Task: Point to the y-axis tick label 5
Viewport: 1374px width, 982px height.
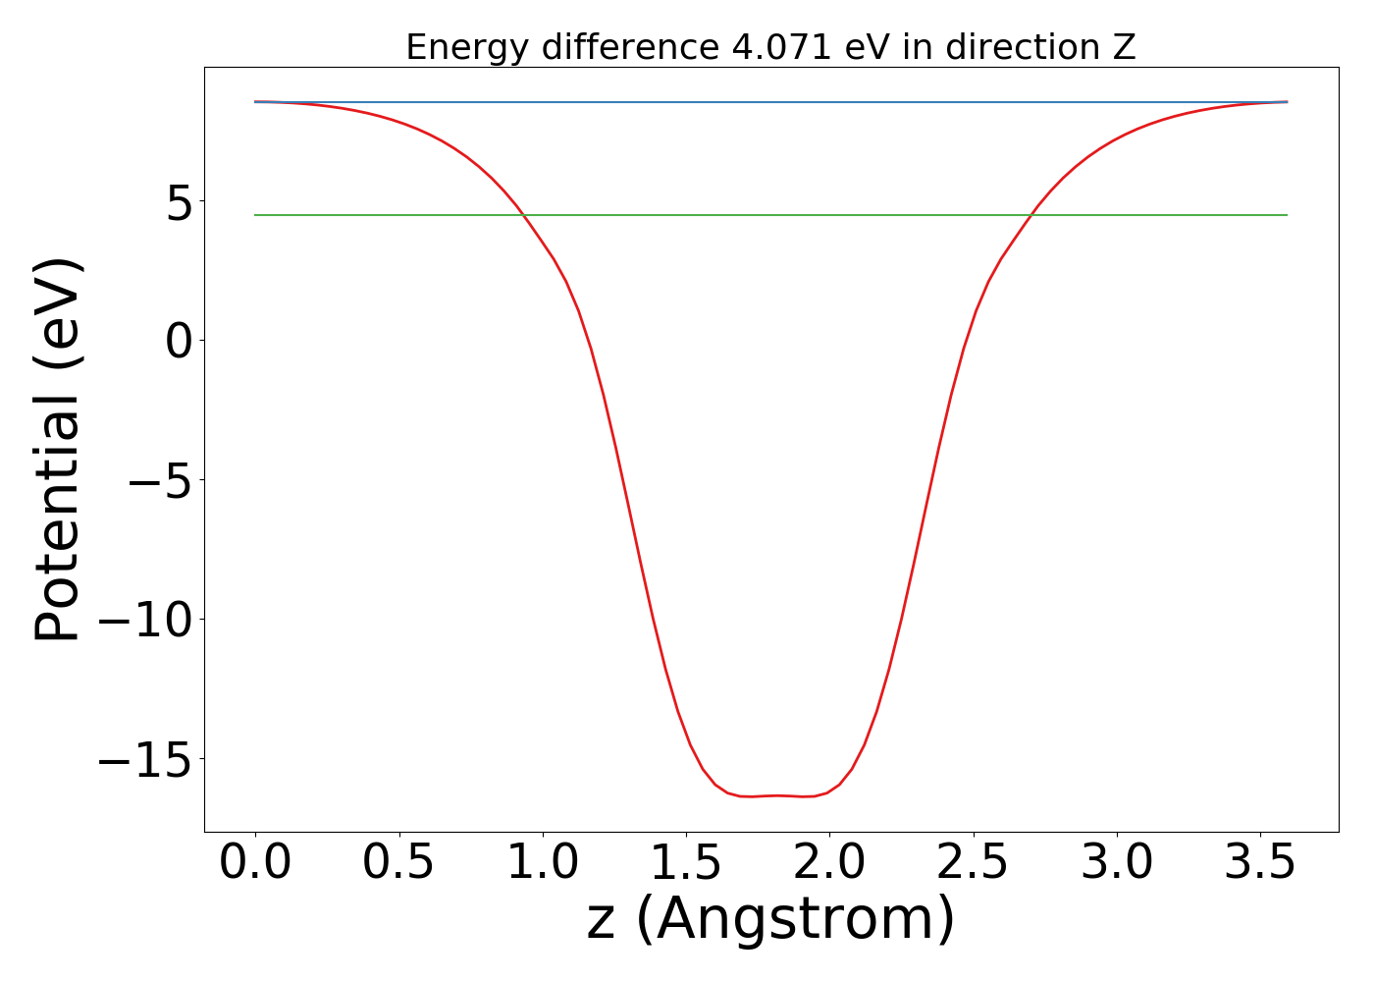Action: (179, 201)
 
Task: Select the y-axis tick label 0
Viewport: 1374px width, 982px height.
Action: (179, 341)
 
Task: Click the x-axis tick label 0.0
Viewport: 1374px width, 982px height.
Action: (255, 863)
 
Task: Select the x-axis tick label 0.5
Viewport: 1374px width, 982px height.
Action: (398, 863)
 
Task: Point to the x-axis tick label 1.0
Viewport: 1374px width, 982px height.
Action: (542, 863)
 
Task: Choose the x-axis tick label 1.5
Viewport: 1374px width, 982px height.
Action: (685, 863)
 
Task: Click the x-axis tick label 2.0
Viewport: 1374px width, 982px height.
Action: (829, 863)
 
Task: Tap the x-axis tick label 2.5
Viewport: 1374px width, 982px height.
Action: (973, 863)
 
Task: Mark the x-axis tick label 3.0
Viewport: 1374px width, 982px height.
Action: (1116, 863)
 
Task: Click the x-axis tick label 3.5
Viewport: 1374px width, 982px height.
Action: (1259, 863)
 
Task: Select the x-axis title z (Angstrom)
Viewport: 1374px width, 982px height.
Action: (770, 920)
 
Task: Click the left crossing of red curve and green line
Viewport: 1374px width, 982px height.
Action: (523, 215)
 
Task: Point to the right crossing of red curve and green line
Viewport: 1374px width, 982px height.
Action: (1031, 215)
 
